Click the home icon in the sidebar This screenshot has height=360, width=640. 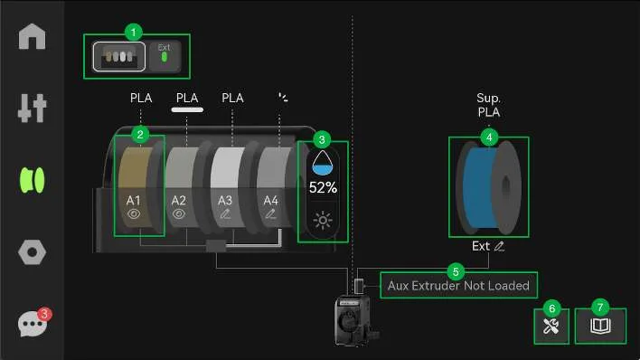(x=32, y=36)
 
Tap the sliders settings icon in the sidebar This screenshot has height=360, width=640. (x=32, y=108)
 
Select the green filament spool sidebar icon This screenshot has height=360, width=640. (x=33, y=180)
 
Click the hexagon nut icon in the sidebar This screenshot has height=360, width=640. (x=32, y=252)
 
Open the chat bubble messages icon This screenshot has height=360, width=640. (x=32, y=324)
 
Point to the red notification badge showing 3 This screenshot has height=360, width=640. (x=44, y=314)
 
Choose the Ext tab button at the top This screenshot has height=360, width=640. (x=165, y=56)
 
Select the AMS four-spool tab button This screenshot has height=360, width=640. (x=118, y=56)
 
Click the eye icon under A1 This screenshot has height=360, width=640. (x=134, y=213)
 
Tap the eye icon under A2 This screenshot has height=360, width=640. (x=179, y=213)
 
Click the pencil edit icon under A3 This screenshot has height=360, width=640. (x=225, y=213)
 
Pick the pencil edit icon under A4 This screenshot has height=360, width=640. (x=270, y=213)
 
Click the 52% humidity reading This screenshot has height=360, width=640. (x=323, y=187)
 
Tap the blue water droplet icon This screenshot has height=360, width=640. (x=323, y=163)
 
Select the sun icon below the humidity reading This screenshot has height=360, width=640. (x=323, y=220)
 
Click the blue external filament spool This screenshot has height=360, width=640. (x=488, y=187)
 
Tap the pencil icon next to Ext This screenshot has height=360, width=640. (x=499, y=246)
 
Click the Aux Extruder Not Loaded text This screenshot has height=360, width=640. (x=458, y=285)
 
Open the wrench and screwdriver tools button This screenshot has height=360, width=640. (x=551, y=327)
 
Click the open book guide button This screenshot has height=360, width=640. (x=600, y=326)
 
